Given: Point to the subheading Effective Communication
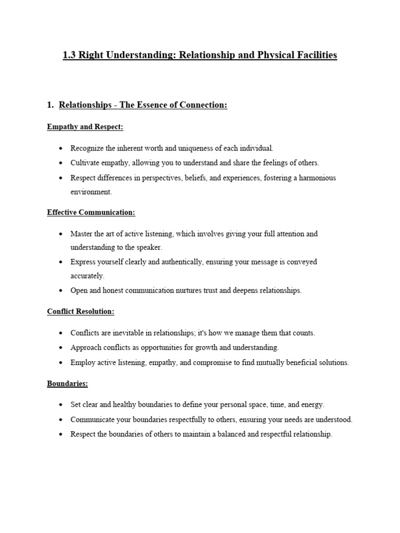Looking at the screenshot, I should click(91, 212).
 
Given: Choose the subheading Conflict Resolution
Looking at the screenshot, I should click(81, 311).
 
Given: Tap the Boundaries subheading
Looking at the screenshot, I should click(67, 383).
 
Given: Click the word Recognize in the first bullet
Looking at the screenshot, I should click(87, 148).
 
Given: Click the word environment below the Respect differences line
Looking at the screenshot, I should click(91, 192).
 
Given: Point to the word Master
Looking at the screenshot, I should click(81, 234).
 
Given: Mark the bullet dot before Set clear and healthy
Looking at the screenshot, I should click(61, 405).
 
